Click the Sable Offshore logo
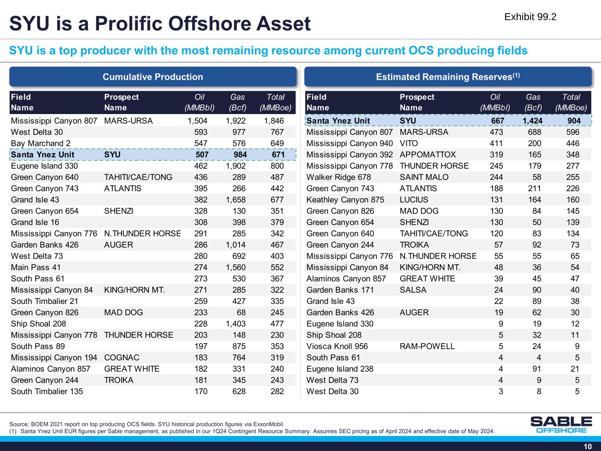[x=561, y=425]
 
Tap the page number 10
[x=587, y=447]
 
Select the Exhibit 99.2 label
[x=530, y=17]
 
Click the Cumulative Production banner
[x=153, y=77]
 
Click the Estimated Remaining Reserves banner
[x=448, y=77]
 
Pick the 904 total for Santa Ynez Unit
[x=574, y=121]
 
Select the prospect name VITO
[x=409, y=143]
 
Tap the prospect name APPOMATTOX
[x=428, y=155]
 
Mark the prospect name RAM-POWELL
[x=427, y=346]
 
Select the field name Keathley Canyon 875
[x=345, y=200]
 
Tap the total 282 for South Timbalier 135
[x=277, y=391]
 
